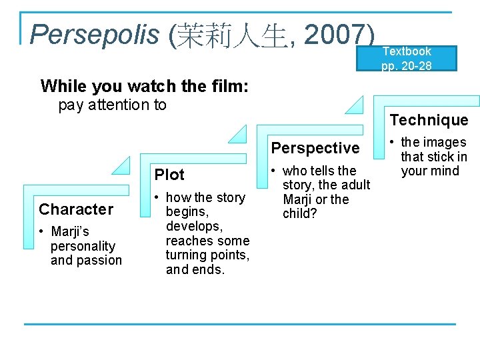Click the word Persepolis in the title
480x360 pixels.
[95, 34]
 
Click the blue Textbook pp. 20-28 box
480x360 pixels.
[407, 58]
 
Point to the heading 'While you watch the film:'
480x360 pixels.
[145, 86]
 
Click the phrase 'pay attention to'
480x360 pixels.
[113, 105]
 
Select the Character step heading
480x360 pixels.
[76, 209]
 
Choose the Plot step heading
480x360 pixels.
[169, 175]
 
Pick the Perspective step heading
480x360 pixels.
[315, 147]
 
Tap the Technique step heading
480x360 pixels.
[429, 120]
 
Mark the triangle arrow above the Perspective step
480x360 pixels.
[237, 134]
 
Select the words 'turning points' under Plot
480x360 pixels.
[207, 255]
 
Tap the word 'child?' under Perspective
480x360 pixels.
[300, 213]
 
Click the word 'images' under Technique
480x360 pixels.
[444, 142]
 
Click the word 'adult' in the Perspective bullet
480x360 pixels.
[354, 185]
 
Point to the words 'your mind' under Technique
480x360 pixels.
[430, 171]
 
